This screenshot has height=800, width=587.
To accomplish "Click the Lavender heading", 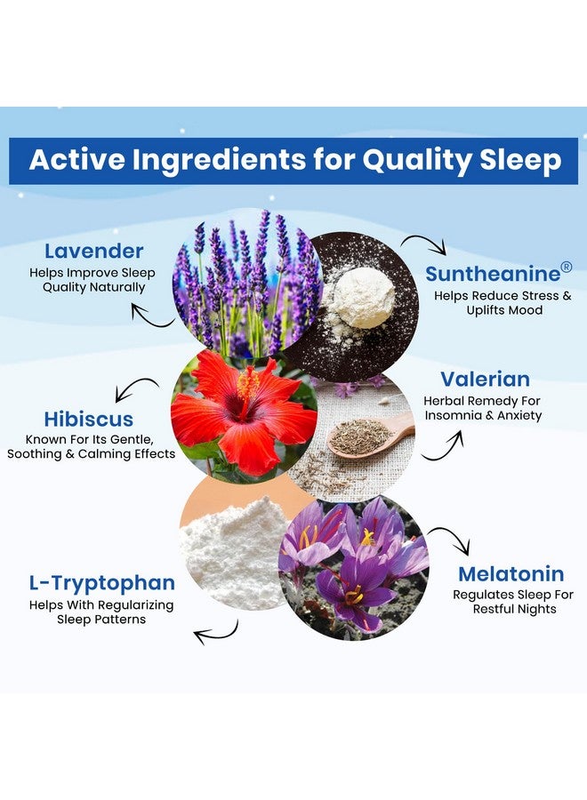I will [x=93, y=252].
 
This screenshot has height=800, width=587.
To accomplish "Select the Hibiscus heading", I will [x=88, y=419].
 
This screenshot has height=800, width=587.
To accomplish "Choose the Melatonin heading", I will [x=511, y=573].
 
